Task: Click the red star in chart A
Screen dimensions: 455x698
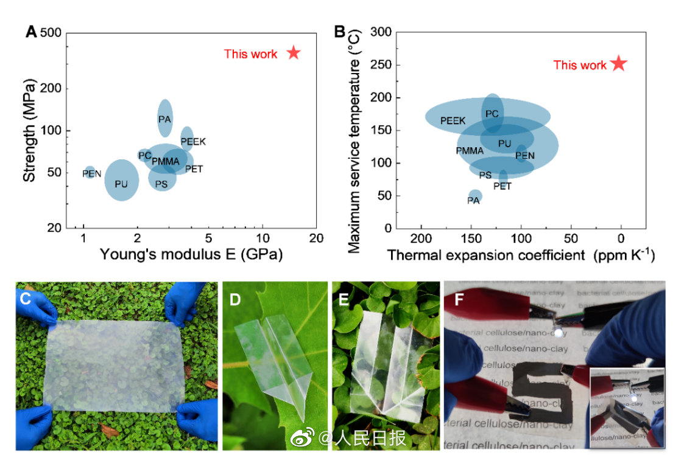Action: pos(294,53)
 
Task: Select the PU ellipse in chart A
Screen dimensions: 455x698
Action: pos(122,180)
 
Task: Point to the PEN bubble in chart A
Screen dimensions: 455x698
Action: pos(90,173)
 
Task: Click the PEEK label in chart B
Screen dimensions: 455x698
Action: pos(453,121)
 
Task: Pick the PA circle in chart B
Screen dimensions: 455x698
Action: pos(474,196)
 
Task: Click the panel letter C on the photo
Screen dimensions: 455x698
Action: pos(26,297)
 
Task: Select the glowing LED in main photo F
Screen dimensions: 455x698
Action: pos(558,333)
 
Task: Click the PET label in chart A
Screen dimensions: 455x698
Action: pos(194,168)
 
